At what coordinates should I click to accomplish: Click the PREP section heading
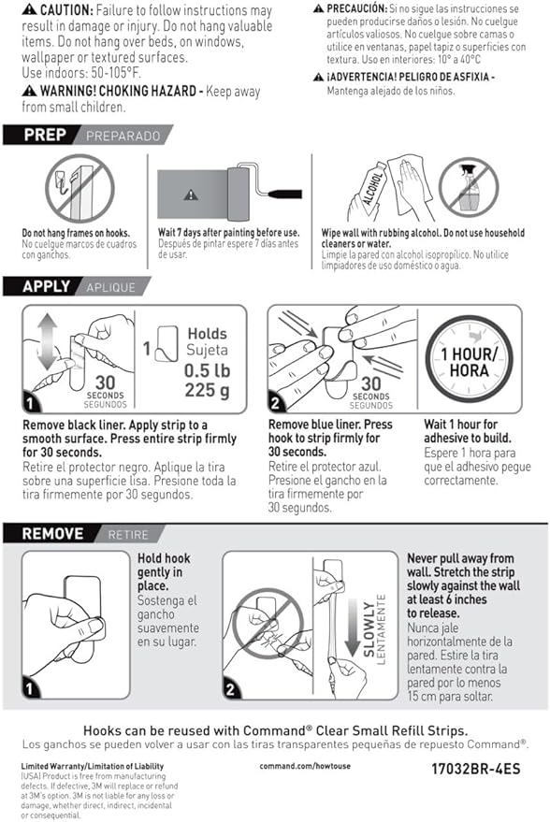(45, 136)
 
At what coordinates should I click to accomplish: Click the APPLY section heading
(46, 287)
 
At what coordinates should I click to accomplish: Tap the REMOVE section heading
(52, 534)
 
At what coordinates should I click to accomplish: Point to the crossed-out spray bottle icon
(469, 187)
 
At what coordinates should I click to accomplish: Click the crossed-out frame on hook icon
(80, 188)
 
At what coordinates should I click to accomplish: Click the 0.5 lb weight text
(207, 370)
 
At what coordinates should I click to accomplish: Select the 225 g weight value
(207, 391)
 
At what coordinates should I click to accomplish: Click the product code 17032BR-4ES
(475, 769)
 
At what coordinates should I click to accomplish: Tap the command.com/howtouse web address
(305, 766)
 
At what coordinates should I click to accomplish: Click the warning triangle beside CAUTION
(30, 9)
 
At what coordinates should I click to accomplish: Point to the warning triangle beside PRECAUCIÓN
(318, 8)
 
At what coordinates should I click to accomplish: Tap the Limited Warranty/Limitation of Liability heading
(93, 766)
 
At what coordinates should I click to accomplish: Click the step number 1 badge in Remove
(30, 687)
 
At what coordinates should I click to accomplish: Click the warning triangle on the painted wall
(191, 195)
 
